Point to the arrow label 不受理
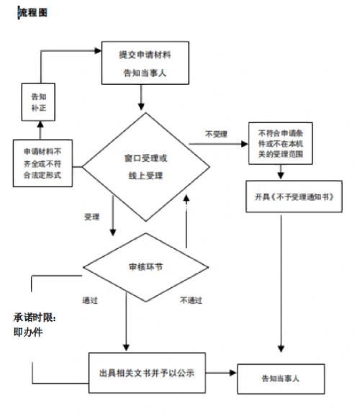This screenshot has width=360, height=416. pyautogui.click(x=215, y=133)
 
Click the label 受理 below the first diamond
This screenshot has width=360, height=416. pyautogui.click(x=92, y=216)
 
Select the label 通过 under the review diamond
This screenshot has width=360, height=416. pyautogui.click(x=90, y=299)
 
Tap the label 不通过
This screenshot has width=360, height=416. pyautogui.click(x=191, y=300)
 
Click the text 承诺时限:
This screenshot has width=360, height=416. pyautogui.click(x=34, y=317)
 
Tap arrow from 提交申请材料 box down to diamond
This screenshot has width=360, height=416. pyautogui.click(x=142, y=95)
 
